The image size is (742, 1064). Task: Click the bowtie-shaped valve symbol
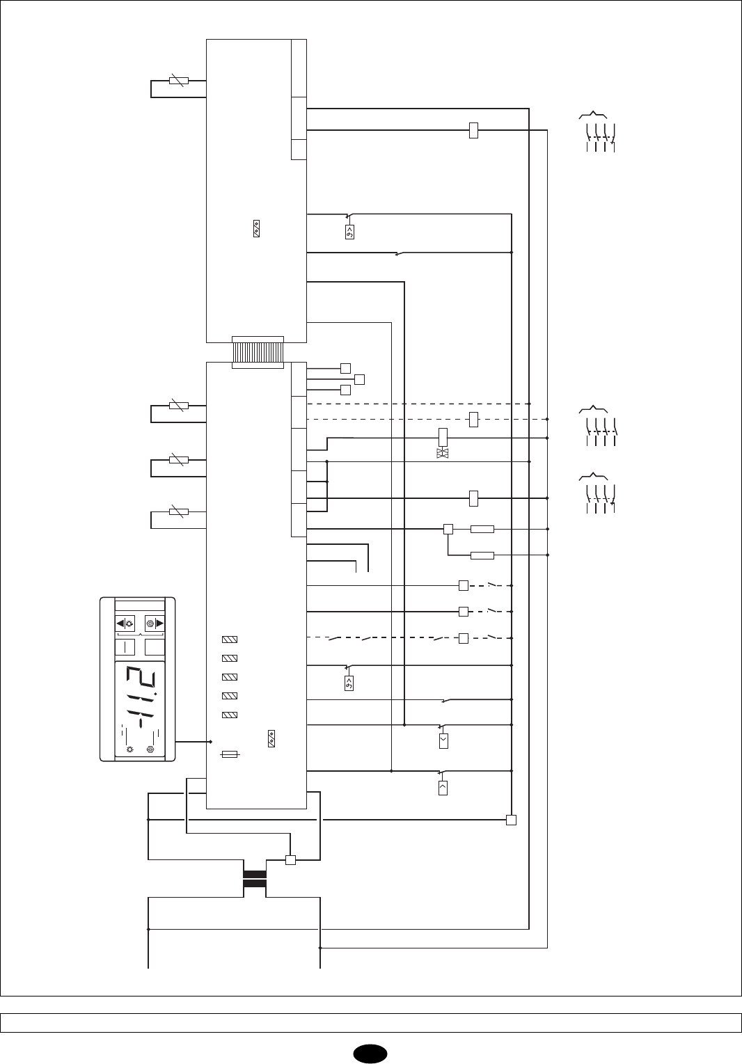(x=443, y=454)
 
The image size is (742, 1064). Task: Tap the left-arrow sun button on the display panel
(x=125, y=624)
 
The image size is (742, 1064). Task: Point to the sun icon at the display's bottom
(x=129, y=749)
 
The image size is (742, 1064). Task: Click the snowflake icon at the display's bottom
(x=150, y=749)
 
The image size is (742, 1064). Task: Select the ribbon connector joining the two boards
(x=258, y=352)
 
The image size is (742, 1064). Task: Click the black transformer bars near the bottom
(x=254, y=879)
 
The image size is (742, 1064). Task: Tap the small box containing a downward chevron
(x=443, y=740)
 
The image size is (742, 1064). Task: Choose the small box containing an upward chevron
(x=443, y=788)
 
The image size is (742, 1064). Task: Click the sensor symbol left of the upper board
(x=179, y=81)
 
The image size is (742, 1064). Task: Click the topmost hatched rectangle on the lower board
(x=230, y=639)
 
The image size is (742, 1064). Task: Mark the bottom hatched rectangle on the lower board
(x=230, y=715)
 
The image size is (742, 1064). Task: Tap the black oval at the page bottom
(x=371, y=1051)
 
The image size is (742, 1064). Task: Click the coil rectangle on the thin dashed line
(x=473, y=419)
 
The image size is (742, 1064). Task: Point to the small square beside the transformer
(x=291, y=860)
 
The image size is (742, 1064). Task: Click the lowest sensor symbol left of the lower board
(x=179, y=513)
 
